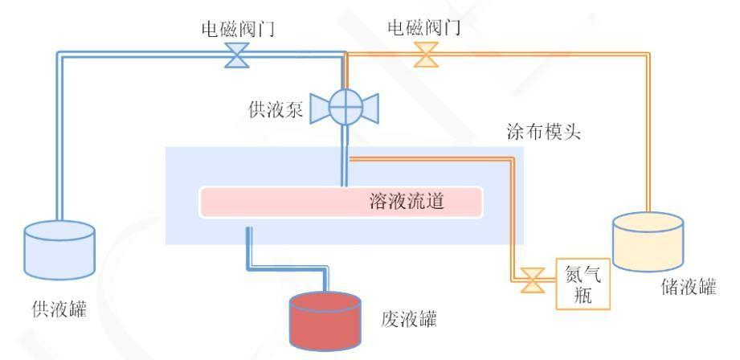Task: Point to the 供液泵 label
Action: pos(276,110)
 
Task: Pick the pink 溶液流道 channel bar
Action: pos(341,202)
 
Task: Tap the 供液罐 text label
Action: pos(59,312)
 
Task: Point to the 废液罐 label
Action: pos(409,320)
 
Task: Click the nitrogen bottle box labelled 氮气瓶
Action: pos(583,284)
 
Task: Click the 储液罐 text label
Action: pos(686,287)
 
